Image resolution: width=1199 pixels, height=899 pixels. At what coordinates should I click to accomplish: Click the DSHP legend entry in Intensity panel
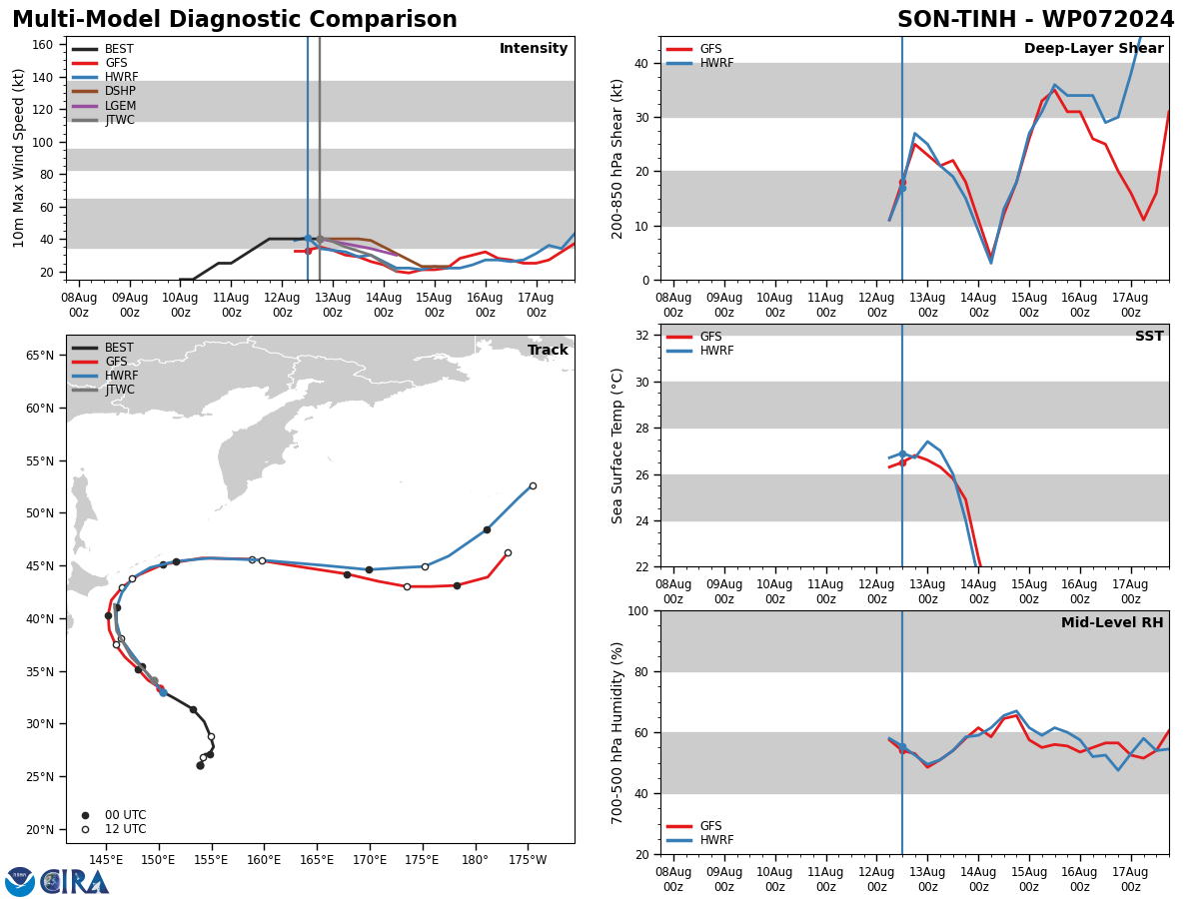click(104, 91)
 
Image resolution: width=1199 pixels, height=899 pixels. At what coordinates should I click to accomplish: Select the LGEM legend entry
click(104, 105)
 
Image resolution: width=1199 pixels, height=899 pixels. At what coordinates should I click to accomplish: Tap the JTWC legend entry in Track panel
click(103, 390)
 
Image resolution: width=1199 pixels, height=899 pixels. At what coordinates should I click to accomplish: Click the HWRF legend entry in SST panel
click(700, 350)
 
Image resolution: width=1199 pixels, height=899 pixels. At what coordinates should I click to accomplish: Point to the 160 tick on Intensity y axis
click(42, 45)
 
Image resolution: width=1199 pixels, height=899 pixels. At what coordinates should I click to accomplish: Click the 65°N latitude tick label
click(40, 356)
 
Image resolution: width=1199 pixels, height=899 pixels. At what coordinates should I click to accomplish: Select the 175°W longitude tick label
click(528, 860)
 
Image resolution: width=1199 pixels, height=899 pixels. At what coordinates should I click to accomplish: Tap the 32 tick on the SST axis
click(641, 336)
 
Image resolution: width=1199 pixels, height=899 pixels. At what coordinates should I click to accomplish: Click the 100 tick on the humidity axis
click(638, 610)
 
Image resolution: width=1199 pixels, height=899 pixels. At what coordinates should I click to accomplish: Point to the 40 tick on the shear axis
click(641, 63)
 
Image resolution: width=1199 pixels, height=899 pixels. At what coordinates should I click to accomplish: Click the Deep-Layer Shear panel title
click(1093, 49)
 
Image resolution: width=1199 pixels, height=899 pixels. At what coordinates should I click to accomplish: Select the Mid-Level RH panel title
click(1112, 622)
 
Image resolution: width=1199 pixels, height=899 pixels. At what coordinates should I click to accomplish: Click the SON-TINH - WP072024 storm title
click(1036, 20)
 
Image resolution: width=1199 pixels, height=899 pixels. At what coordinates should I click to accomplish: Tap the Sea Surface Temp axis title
click(616, 447)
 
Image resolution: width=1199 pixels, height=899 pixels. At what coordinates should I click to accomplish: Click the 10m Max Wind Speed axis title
click(18, 158)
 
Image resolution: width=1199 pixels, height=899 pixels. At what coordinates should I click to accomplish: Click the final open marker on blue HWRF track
click(533, 485)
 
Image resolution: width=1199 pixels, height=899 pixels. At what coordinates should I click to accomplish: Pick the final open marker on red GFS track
click(508, 553)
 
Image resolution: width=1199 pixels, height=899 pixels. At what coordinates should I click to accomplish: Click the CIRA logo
click(57, 882)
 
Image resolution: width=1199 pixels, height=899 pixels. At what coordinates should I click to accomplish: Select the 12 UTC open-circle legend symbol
click(85, 830)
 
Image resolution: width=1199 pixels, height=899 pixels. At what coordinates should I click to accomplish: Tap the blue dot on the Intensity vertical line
click(308, 239)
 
